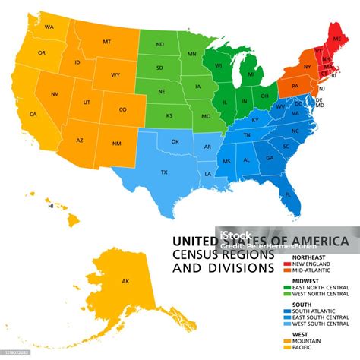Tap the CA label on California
[x=33, y=115]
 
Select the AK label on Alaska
[x=125, y=281]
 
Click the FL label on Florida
[x=288, y=195]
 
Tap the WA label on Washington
[x=49, y=27]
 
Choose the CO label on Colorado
[x=123, y=109]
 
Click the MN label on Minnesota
[x=192, y=54]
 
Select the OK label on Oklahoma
[x=175, y=141]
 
